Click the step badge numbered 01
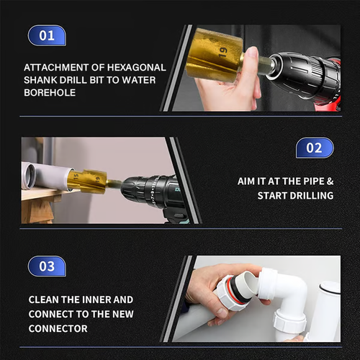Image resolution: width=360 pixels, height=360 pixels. coord(47,35)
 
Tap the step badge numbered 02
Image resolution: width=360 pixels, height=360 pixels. coord(315,148)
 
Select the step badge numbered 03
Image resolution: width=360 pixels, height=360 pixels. coord(47,266)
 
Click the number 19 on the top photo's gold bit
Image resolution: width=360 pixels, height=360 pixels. coord(224,52)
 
